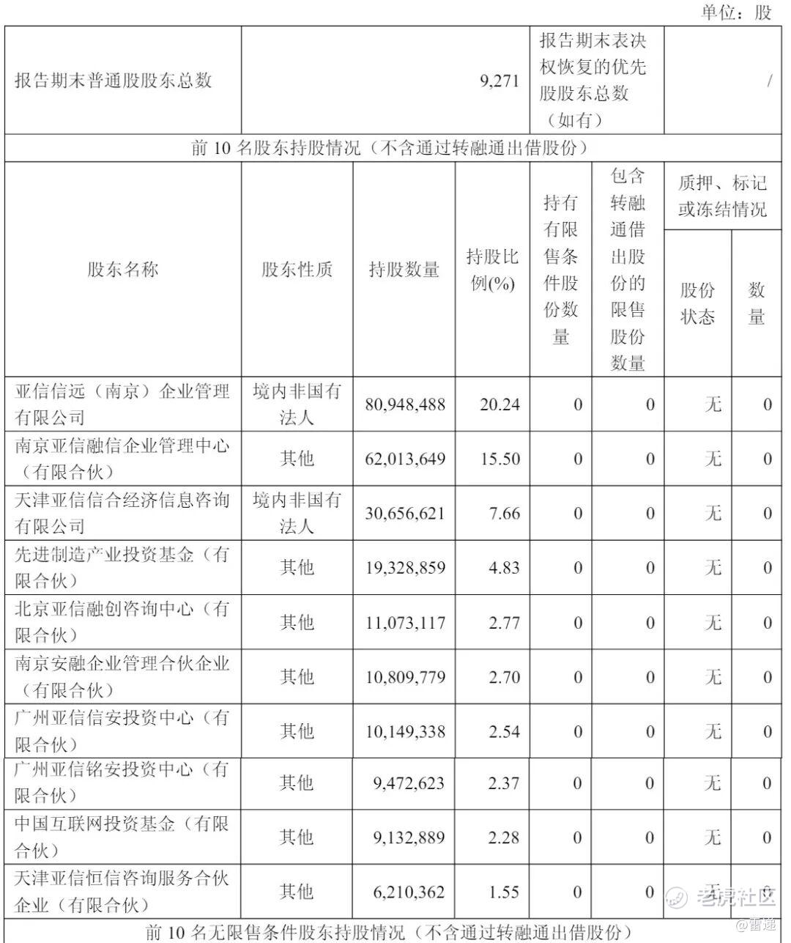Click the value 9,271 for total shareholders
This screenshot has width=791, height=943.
[x=500, y=81]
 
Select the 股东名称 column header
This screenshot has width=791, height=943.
[x=123, y=270]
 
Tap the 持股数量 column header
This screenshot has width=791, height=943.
[x=404, y=270]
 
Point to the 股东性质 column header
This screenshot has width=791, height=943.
[x=297, y=270]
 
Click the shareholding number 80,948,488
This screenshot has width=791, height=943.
[x=404, y=404]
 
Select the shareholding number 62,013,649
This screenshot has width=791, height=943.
[x=404, y=459]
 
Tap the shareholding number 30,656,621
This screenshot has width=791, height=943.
[x=404, y=514]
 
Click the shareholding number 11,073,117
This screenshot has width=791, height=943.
[x=404, y=623]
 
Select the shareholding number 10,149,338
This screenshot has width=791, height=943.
[x=404, y=731]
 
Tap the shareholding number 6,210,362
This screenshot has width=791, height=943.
[x=408, y=892]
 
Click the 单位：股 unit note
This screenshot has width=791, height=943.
[x=736, y=12]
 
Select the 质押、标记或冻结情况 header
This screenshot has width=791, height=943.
[x=722, y=196]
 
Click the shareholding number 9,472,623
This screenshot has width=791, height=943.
[x=408, y=783]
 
